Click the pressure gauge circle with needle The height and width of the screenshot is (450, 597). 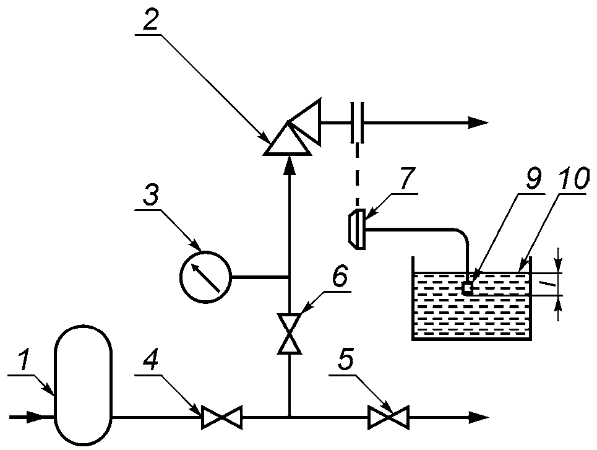coord(205,277)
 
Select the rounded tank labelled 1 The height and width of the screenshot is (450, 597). coord(84,385)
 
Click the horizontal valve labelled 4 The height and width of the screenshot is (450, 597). coord(221,418)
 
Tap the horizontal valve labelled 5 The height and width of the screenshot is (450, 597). coord(389,418)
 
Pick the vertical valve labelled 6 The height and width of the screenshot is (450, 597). coord(290,334)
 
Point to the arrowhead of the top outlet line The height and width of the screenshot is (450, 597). coord(478,123)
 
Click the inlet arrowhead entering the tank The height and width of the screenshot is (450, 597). coord(40,417)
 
